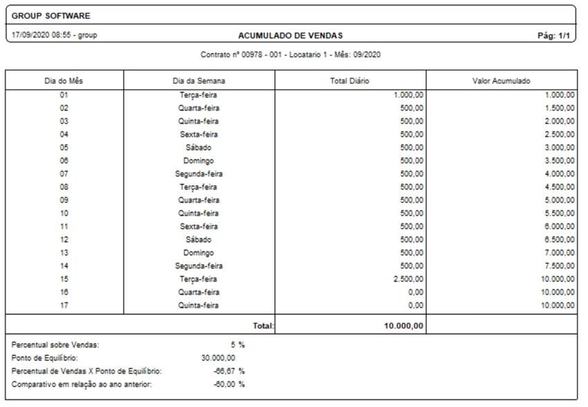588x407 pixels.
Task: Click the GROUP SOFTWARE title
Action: (51, 16)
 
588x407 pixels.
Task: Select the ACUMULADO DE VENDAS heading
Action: (291, 35)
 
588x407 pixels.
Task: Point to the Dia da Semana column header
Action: (199, 81)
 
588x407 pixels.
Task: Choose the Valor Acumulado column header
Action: (502, 81)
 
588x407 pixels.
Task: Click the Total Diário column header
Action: (350, 81)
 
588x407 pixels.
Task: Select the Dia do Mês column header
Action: (64, 81)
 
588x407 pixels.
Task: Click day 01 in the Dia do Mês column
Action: (64, 95)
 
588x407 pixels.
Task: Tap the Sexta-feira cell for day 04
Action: (199, 134)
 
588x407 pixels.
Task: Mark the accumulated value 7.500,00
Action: (560, 266)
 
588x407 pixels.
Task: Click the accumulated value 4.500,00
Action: (560, 187)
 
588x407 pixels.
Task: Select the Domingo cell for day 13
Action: (199, 253)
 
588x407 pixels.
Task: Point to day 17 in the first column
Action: (64, 305)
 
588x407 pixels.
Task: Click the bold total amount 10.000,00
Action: (404, 325)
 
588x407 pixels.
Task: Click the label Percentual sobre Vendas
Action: (55, 345)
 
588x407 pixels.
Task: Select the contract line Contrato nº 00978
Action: (291, 55)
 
